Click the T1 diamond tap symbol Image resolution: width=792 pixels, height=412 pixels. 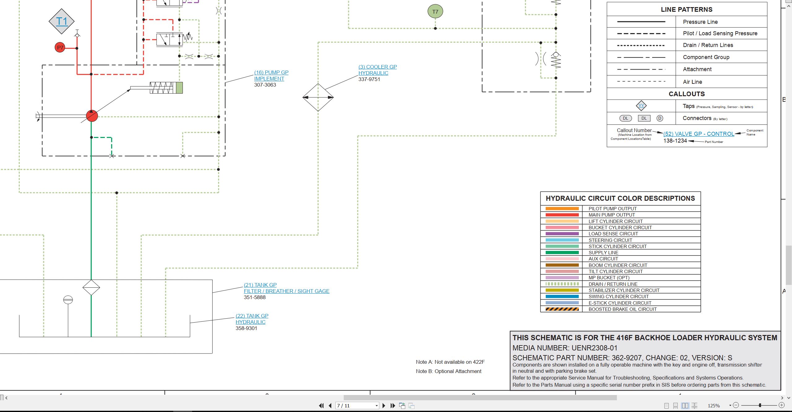click(62, 21)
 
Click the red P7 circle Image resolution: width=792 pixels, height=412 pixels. click(60, 48)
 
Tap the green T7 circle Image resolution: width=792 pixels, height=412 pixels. click(435, 12)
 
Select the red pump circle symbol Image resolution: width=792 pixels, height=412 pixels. click(92, 116)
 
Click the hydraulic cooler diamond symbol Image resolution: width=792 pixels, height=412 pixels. click(318, 97)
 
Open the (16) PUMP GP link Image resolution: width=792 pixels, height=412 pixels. click(271, 72)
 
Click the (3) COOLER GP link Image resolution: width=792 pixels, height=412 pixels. click(377, 67)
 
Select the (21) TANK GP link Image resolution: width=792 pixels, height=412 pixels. click(260, 285)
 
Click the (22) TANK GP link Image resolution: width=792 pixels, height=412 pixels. click(252, 316)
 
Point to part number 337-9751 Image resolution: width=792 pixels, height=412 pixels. click(369, 79)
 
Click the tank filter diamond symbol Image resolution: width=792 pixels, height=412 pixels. click(91, 288)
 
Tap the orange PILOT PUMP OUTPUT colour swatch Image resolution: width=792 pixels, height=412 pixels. click(562, 209)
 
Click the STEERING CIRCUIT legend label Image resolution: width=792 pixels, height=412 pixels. click(610, 240)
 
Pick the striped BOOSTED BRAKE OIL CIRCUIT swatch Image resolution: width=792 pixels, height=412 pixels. click(562, 309)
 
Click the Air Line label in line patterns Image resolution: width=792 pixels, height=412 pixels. click(692, 82)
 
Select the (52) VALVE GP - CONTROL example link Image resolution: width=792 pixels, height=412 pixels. click(699, 134)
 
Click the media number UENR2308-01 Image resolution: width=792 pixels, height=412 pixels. click(594, 348)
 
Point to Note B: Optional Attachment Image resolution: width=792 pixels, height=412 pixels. click(449, 371)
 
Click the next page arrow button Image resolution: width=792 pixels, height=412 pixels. click(384, 406)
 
